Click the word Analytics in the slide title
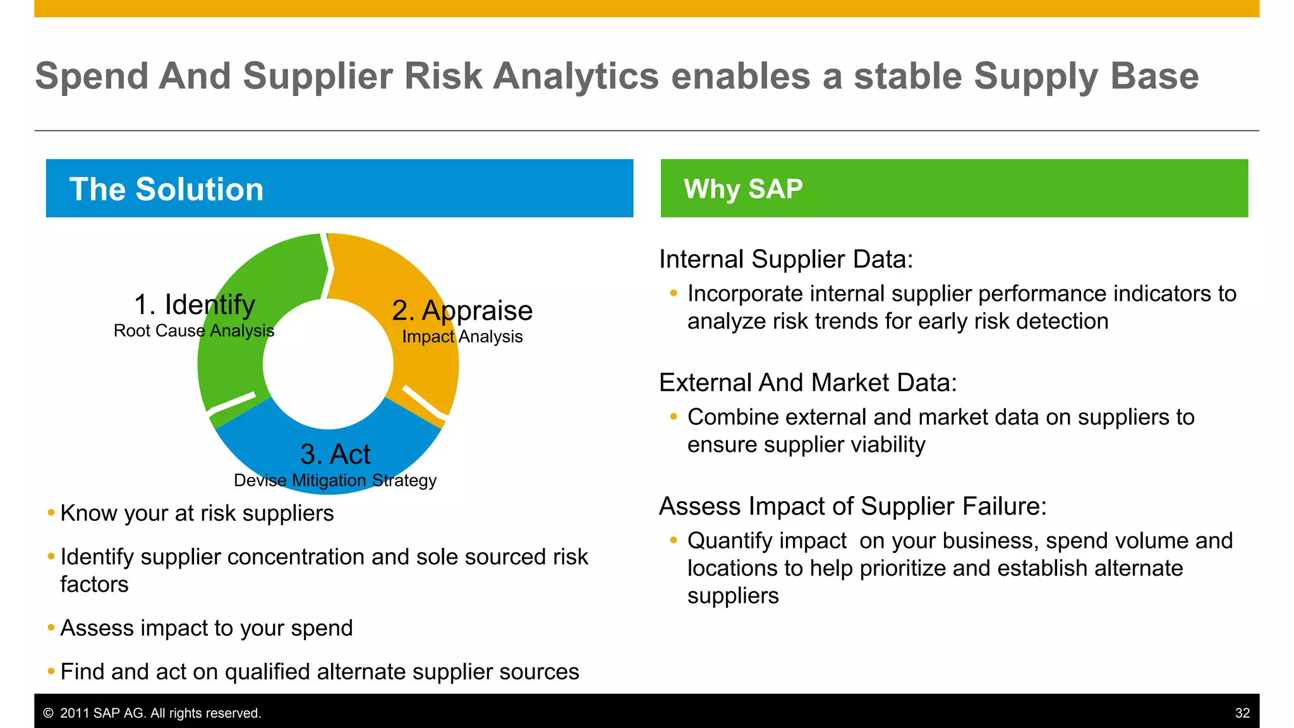click(576, 77)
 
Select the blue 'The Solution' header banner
click(339, 188)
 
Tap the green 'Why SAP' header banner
click(954, 188)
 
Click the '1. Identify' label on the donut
click(195, 305)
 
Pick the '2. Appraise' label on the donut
click(462, 310)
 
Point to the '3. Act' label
click(335, 454)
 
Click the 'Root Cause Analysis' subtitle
click(193, 331)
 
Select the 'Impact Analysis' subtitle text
click(462, 336)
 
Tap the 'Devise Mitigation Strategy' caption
click(335, 480)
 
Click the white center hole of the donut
click(328, 365)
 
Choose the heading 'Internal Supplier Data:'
click(786, 259)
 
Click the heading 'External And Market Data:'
click(807, 382)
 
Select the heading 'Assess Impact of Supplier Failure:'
click(852, 506)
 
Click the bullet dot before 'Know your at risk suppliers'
click(51, 513)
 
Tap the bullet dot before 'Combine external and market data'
click(674, 416)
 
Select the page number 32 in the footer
click(1242, 713)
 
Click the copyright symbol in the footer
click(48, 713)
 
